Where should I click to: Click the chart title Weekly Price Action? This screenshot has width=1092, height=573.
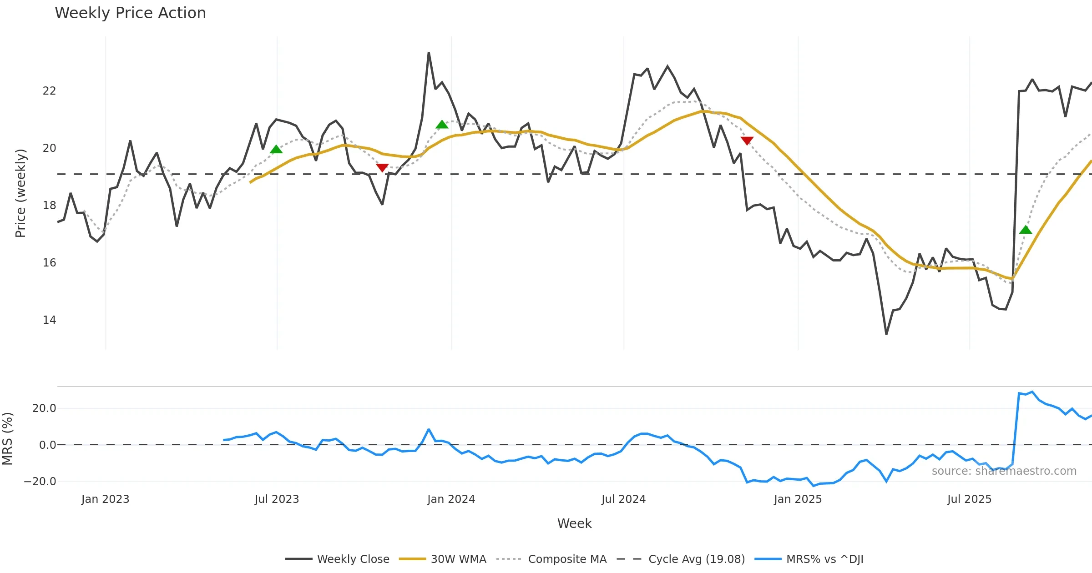pyautogui.click(x=130, y=13)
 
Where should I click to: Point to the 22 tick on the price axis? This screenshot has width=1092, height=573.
pyautogui.click(x=49, y=91)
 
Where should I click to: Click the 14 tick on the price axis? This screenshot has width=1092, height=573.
pyautogui.click(x=49, y=320)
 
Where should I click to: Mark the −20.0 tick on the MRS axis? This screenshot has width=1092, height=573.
pyautogui.click(x=40, y=482)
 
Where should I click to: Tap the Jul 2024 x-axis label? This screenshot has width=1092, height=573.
pyautogui.click(x=623, y=499)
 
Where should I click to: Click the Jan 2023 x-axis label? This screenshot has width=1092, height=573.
pyautogui.click(x=105, y=499)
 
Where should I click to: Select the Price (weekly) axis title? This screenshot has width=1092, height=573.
pyautogui.click(x=20, y=193)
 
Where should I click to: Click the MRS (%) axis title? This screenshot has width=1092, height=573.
pyautogui.click(x=7, y=438)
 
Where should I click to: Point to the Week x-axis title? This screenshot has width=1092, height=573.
pyautogui.click(x=574, y=524)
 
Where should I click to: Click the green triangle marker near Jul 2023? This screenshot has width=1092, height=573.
pyautogui.click(x=276, y=150)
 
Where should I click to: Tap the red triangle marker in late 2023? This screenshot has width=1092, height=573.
pyautogui.click(x=382, y=168)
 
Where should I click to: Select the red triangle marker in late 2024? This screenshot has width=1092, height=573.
pyautogui.click(x=747, y=141)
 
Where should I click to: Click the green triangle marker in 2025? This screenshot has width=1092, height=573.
pyautogui.click(x=1026, y=230)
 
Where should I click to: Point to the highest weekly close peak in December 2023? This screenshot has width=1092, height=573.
pyautogui.click(x=429, y=53)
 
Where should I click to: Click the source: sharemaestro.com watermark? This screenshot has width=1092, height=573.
pyautogui.click(x=1004, y=471)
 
